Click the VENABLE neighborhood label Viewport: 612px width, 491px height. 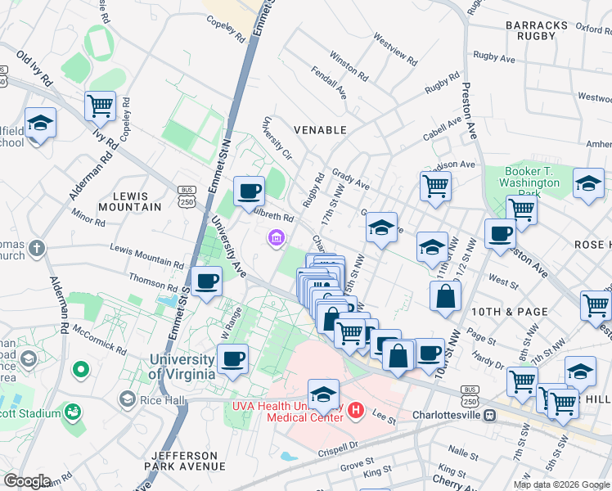tap(320, 130)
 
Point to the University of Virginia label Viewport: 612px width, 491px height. tap(182, 367)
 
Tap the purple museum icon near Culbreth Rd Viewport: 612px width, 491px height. tap(276, 238)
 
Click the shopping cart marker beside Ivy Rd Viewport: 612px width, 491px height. tap(100, 105)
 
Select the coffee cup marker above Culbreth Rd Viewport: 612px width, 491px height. tap(249, 191)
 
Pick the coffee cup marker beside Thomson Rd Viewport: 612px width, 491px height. tap(206, 282)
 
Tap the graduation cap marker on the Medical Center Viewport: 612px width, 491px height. tap(323, 394)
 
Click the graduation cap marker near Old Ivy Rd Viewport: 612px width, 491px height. tap(40, 123)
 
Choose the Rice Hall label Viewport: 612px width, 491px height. tap(155, 399)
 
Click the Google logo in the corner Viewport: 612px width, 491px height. tap(27, 480)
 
